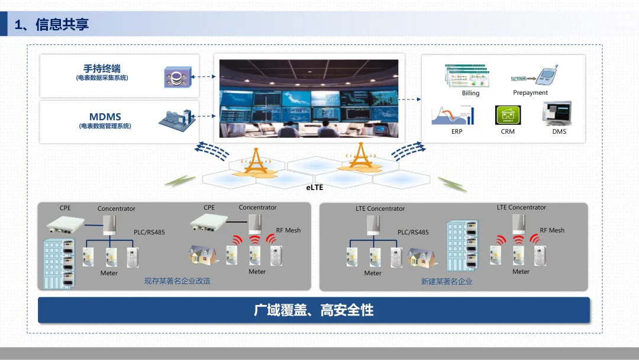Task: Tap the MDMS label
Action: pos(105,117)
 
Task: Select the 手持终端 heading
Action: pos(102,69)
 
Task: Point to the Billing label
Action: pos(470,93)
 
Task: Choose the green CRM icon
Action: pos(507,115)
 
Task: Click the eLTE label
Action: pos(315,187)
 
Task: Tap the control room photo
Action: pos(309,98)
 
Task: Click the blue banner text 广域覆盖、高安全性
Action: pos(314,310)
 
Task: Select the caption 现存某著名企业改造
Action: pos(177,281)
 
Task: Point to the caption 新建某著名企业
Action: pos(447,282)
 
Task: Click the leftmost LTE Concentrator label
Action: pos(380,208)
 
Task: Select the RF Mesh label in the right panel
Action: pos(552,230)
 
